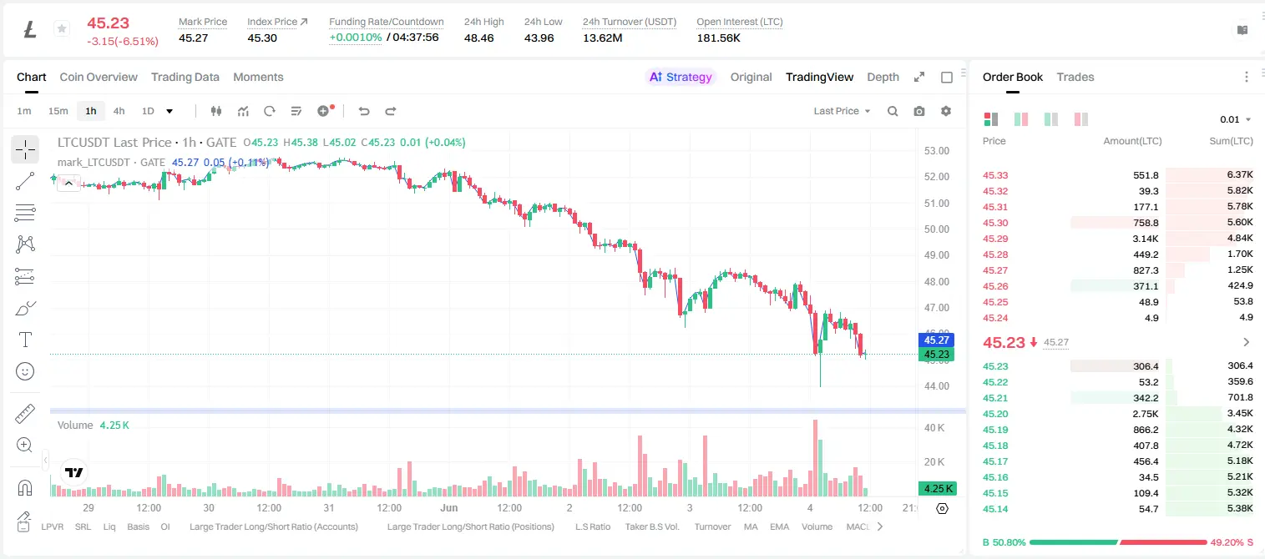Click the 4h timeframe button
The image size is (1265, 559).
click(119, 111)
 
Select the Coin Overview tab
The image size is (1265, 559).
click(99, 77)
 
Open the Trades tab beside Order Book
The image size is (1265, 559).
click(1075, 77)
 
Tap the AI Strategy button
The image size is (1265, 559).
click(681, 77)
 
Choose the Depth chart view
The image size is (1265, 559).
click(883, 77)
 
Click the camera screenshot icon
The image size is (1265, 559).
click(919, 111)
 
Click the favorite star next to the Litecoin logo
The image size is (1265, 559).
click(62, 28)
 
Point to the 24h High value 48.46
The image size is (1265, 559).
click(479, 38)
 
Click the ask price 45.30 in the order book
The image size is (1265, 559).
click(995, 223)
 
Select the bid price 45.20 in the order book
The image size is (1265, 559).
click(995, 414)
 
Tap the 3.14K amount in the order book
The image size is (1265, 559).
click(1146, 239)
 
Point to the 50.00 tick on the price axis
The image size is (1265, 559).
click(936, 229)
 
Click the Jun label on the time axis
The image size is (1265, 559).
click(449, 507)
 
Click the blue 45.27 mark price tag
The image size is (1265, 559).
click(936, 340)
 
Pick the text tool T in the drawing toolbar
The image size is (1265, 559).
click(25, 340)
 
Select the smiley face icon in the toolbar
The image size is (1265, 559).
click(25, 371)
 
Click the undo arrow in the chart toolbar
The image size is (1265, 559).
click(364, 111)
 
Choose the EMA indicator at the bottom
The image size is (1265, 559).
click(779, 526)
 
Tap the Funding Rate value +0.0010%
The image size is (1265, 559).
click(355, 38)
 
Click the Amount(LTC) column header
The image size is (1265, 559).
click(1132, 141)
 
